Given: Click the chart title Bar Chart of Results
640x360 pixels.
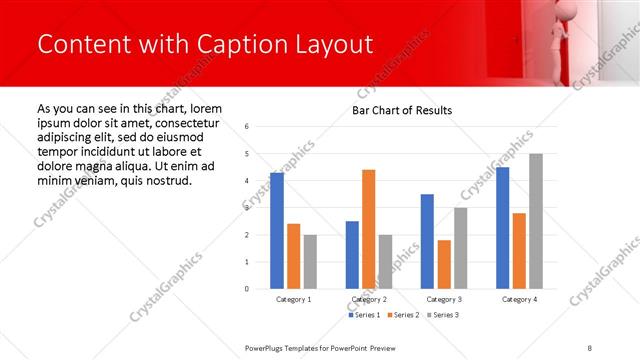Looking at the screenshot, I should click(x=402, y=110).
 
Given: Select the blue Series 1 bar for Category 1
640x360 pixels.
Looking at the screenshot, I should click(x=277, y=231).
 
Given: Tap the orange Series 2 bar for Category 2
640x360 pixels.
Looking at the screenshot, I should click(x=368, y=229).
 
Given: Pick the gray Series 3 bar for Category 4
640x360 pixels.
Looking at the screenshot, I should click(x=536, y=221).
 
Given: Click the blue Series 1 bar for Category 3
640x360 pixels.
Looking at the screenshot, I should click(x=427, y=241).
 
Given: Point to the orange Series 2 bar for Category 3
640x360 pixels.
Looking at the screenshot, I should click(x=444, y=264).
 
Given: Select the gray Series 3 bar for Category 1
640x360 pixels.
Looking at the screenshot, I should click(x=310, y=261).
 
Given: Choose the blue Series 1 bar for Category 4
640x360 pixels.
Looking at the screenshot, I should click(x=502, y=228).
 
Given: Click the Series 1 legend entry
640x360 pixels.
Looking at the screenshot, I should click(x=365, y=315).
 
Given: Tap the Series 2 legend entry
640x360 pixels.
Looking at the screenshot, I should click(x=402, y=315).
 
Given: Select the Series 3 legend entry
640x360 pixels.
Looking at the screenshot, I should click(x=439, y=315).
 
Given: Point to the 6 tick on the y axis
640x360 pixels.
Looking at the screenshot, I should click(x=247, y=127).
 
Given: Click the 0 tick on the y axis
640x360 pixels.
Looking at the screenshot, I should click(x=247, y=289).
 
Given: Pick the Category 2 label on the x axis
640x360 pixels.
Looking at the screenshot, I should click(x=369, y=299).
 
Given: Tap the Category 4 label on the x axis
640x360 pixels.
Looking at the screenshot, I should click(x=519, y=299).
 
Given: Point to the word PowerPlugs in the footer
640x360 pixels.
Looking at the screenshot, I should click(x=269, y=347).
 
